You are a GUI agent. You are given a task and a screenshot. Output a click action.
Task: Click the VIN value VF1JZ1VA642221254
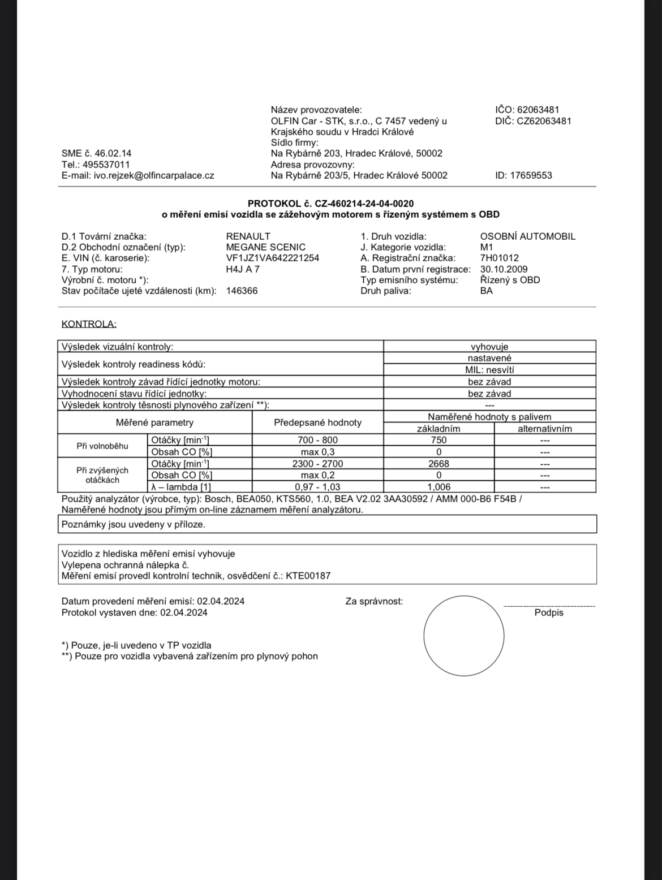tap(272, 258)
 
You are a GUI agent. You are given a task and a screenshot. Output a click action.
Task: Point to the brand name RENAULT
tap(248, 236)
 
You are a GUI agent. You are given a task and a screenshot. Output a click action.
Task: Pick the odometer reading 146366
tap(242, 291)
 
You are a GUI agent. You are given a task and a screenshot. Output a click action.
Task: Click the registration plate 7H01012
tap(499, 258)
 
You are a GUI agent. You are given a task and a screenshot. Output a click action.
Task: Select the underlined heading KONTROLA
tap(89, 324)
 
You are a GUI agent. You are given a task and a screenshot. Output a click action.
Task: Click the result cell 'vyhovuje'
tap(489, 347)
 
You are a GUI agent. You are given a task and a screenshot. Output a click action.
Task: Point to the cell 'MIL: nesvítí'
tap(489, 370)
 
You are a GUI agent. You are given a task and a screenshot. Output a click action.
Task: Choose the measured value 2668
tap(439, 464)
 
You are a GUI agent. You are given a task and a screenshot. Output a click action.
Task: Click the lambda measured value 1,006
tap(439, 487)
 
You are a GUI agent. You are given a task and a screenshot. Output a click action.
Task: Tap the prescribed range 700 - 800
tap(317, 440)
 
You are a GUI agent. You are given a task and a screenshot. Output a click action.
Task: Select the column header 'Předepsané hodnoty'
tap(317, 422)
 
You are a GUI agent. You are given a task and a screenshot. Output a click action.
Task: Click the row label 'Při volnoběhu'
tap(102, 446)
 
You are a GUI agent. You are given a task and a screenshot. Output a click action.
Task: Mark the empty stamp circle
tap(463, 635)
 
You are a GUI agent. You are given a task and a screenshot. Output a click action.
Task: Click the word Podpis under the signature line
tap(549, 612)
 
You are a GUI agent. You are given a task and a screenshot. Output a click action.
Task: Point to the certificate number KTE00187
tap(308, 576)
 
